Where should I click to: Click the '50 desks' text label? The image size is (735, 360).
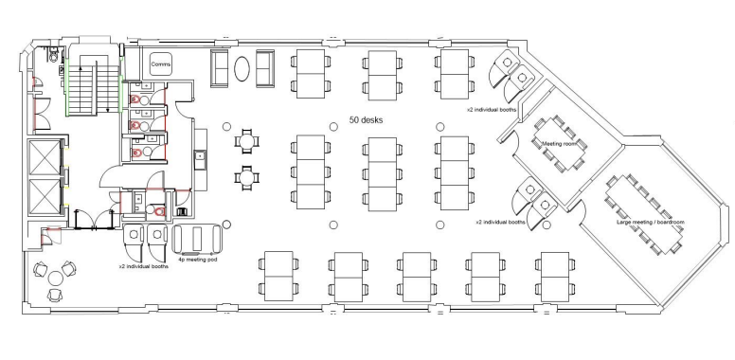click(x=366, y=120)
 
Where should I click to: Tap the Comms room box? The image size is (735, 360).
click(x=161, y=64)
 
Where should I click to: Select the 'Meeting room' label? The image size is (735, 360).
click(x=559, y=143)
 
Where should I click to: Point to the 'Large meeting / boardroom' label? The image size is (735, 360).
click(x=650, y=222)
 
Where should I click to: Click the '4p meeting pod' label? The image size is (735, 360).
click(x=197, y=259)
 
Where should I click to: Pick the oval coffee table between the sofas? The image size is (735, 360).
click(x=242, y=69)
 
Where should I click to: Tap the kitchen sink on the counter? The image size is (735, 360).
click(x=200, y=155)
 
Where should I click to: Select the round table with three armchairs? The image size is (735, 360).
click(x=55, y=279)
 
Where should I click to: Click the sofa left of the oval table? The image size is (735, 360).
click(x=220, y=68)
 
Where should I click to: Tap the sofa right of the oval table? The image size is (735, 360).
click(x=265, y=68)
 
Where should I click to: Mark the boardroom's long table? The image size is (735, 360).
click(x=644, y=214)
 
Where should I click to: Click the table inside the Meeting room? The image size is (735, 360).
click(x=559, y=143)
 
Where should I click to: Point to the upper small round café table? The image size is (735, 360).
click(x=247, y=140)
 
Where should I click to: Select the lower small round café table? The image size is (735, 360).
click(x=247, y=177)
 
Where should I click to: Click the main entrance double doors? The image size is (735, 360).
click(x=95, y=220)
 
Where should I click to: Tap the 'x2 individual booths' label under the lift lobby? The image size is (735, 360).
click(x=144, y=266)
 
